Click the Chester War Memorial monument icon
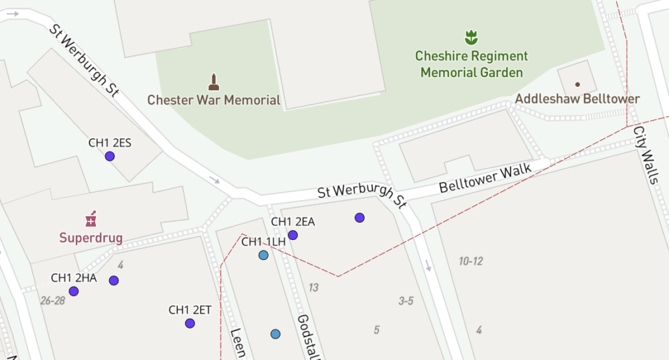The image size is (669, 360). (213, 82)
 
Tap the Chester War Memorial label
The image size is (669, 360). (214, 100)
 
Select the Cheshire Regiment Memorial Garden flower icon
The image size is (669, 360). (471, 37)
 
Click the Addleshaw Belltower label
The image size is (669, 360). (578, 99)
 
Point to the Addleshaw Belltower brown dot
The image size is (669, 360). (577, 84)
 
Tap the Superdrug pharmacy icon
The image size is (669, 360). (91, 218)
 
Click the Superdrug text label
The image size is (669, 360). (91, 237)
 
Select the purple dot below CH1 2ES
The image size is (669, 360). (110, 156)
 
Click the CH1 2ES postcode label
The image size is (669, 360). (110, 142)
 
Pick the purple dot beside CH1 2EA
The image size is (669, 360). (293, 235)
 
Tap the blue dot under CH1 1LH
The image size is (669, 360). (263, 255)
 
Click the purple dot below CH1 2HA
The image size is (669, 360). (74, 291)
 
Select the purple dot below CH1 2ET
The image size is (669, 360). (189, 323)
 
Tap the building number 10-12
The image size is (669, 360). (470, 261)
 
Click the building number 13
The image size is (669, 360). (314, 287)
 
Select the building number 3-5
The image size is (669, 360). (406, 301)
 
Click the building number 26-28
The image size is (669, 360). (53, 301)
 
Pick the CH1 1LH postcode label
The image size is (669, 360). (264, 242)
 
